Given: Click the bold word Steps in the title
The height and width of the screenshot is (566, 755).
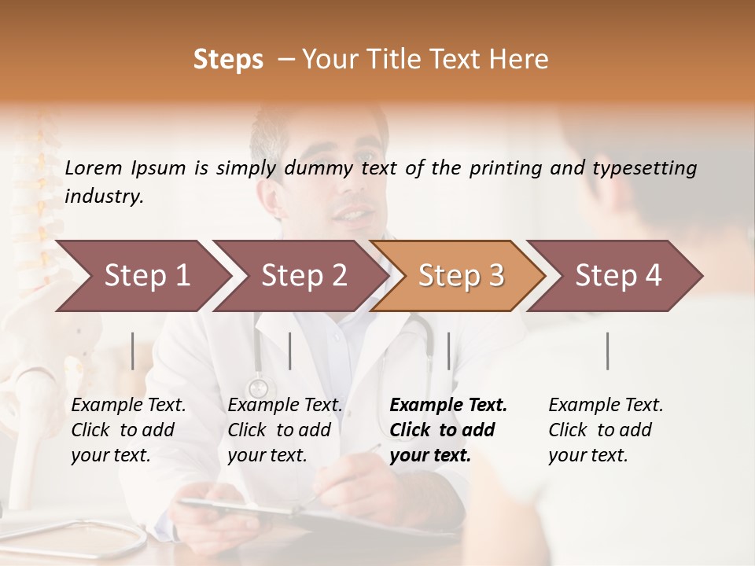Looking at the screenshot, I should point(228,60).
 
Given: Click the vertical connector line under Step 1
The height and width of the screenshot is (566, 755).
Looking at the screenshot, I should point(132,351).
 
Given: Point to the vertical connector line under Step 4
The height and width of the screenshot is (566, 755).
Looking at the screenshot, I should point(607,351).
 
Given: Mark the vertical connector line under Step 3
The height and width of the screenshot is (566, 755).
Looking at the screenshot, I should point(448,351).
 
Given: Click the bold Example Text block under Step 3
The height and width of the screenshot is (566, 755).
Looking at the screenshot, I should point(448,430).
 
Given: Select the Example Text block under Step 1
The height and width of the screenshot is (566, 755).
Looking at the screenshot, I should point(128,430).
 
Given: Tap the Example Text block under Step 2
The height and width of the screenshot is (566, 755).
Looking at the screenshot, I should point(285,430).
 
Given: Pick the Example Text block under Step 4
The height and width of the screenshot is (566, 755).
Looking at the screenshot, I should point(606,430).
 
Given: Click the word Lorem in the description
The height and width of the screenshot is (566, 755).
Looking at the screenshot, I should point(94,167).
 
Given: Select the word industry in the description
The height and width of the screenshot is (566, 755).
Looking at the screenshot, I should point(103,197).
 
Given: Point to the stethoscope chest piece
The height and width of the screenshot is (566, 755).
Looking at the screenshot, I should point(258,388).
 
